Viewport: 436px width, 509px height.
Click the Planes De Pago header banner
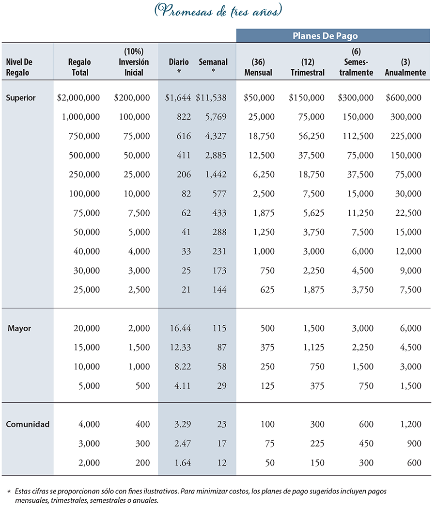pos(333,36)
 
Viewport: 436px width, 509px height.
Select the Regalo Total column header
pos(79,67)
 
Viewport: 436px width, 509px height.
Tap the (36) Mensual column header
pos(258,67)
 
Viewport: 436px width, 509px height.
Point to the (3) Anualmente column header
pos(405,67)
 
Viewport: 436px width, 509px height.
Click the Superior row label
pos(20,98)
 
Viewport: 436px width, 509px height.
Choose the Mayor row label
pos(19,328)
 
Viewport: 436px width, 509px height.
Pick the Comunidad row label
pos(28,424)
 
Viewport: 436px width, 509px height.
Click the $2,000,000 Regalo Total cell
pos(78,98)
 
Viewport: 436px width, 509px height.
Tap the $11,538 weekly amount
pos(211,98)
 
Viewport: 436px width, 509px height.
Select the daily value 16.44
pos(180,328)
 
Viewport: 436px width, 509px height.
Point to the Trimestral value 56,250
pos(311,136)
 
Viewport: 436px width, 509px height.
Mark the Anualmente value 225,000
pos(406,136)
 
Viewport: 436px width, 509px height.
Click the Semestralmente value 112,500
pos(358,136)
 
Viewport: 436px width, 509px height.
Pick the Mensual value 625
pos(267,289)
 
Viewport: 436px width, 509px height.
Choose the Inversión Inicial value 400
pos(143,424)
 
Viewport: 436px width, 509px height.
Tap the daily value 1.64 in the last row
pos(183,462)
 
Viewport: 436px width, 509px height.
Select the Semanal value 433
pos(219,213)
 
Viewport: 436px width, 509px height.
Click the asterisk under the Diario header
pos(179,71)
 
